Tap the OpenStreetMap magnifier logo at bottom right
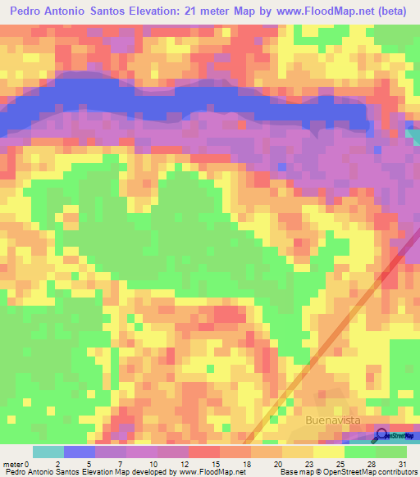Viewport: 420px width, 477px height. coord(382,436)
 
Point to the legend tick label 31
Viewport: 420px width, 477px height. coord(400,464)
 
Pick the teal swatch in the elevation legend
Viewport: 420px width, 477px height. coord(48,452)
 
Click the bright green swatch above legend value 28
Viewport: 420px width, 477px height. coord(361,452)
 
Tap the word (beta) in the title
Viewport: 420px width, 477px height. coord(390,11)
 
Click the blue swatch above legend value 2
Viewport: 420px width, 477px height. coord(80,452)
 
